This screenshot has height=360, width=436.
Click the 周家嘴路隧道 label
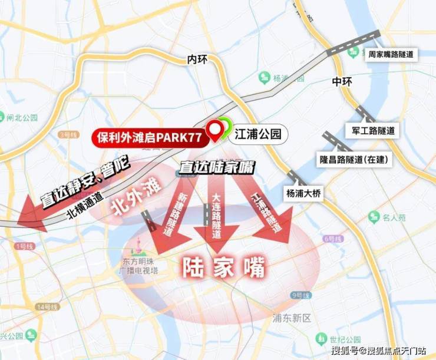[x=390, y=54]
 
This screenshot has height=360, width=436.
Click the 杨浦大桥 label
[x=305, y=193]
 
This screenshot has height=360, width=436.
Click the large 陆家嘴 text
[x=223, y=267]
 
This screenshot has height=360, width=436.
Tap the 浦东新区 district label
[x=292, y=318]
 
